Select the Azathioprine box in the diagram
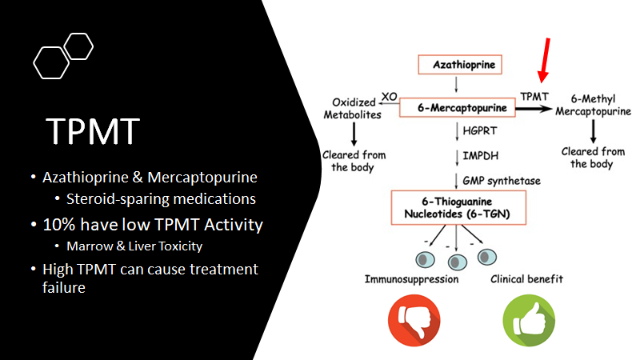459,63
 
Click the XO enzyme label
390,96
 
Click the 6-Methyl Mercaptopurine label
592,109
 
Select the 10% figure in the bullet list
58,225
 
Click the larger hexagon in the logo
52,62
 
